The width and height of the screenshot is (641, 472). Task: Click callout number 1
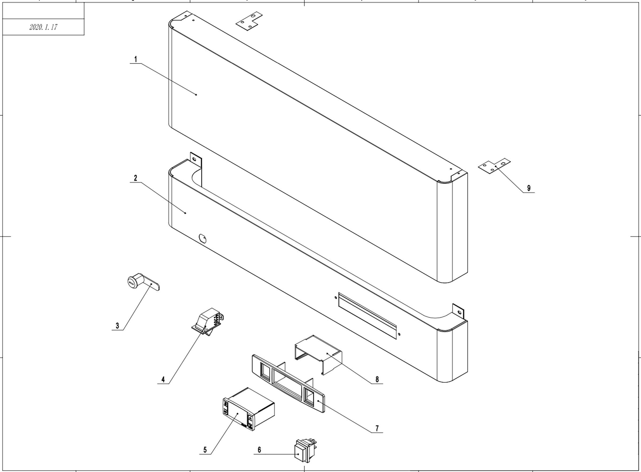(136, 59)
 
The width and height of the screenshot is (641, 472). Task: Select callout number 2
(135, 178)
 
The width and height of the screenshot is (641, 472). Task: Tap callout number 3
(117, 326)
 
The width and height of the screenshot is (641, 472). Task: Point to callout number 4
(163, 379)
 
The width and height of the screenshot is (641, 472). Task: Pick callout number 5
(205, 450)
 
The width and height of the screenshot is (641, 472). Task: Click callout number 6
(259, 450)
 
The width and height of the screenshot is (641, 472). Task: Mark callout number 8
(377, 379)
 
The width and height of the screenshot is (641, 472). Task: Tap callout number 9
(529, 188)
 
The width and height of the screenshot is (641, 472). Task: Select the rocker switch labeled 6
(304, 451)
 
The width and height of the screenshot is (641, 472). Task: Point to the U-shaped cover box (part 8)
(319, 354)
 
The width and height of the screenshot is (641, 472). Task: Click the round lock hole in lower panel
(202, 238)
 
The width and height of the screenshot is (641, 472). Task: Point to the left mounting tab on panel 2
(196, 161)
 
